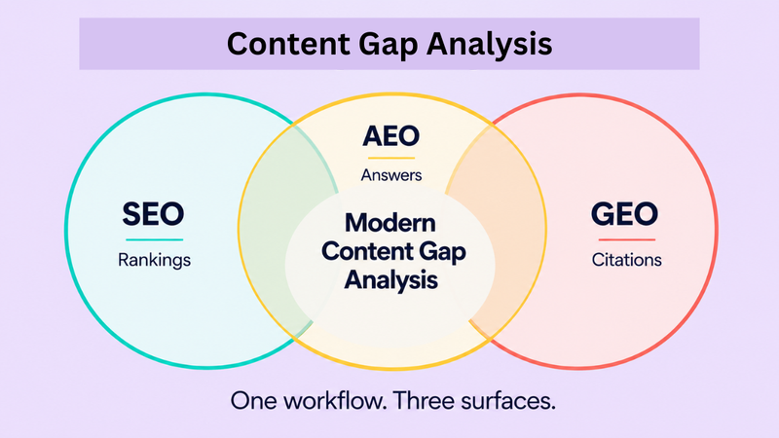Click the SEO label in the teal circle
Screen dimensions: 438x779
pos(153,214)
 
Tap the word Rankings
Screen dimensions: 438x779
pos(153,261)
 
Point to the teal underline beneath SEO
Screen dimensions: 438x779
pos(153,239)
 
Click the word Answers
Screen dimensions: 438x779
pos(389,176)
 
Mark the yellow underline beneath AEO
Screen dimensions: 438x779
pos(389,158)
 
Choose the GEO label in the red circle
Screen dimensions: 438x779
pos(625,214)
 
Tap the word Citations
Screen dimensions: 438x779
pos(626,261)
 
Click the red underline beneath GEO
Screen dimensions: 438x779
pos(625,239)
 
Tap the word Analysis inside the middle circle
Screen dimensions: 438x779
pos(389,280)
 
